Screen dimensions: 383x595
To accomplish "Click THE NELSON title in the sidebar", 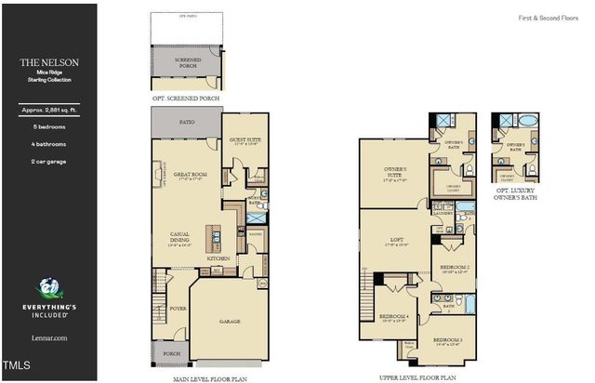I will coord(49,62).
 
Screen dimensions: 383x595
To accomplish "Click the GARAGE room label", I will coord(230,322).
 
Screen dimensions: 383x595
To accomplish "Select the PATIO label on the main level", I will coord(186,121).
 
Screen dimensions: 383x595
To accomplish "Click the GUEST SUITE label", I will coord(245,140).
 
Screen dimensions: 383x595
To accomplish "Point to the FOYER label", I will coord(178,308).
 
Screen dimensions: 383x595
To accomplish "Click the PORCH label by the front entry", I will coord(171,353).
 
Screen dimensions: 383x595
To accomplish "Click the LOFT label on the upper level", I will coord(395,242).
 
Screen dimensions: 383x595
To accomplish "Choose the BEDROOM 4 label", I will coord(395,317).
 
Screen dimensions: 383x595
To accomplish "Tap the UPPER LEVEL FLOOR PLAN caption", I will coord(418,377).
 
